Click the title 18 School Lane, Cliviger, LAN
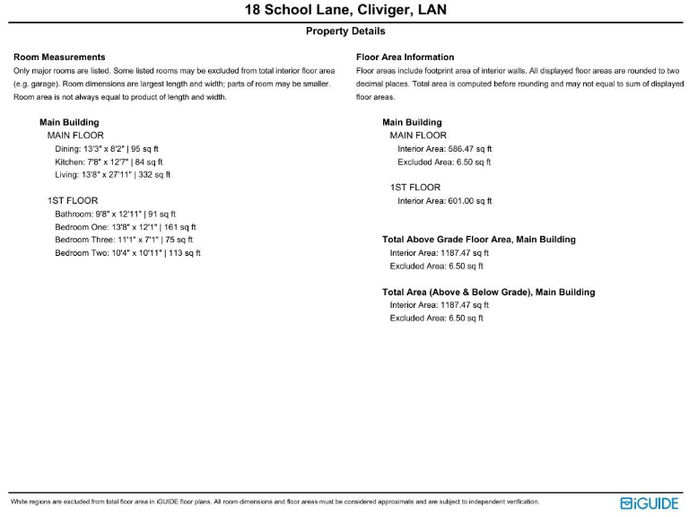pyautogui.click(x=345, y=11)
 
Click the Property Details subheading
pyautogui.click(x=345, y=31)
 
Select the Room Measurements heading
pyautogui.click(x=59, y=57)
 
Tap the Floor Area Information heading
pyautogui.click(x=405, y=57)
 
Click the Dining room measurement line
pyautogui.click(x=107, y=149)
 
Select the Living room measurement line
pyautogui.click(x=112, y=175)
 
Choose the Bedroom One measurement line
pyautogui.click(x=125, y=227)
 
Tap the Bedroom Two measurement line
pyautogui.click(x=127, y=253)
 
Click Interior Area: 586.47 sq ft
pyautogui.click(x=444, y=149)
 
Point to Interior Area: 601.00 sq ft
pyautogui.click(x=444, y=201)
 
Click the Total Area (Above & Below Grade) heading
pyautogui.click(x=488, y=292)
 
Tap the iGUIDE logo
pyautogui.click(x=650, y=504)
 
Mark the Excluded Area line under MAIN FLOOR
pyautogui.click(x=444, y=162)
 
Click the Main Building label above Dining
pyautogui.click(x=69, y=122)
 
